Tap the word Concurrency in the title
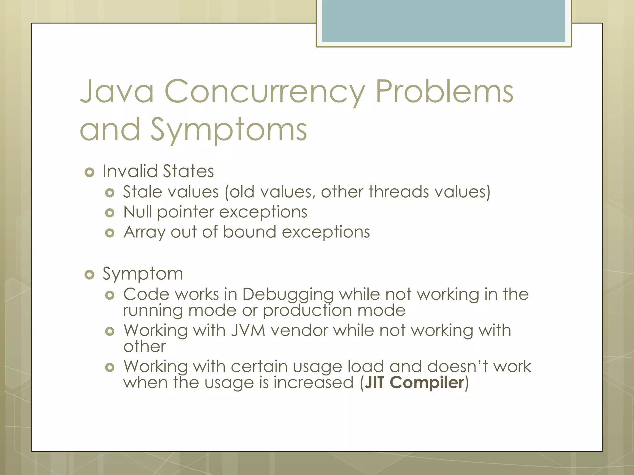265,92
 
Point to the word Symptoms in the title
229,130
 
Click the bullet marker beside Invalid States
89,172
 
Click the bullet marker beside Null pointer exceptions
110,213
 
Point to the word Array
144,233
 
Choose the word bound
250,232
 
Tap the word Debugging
288,294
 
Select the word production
307,310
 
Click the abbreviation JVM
248,330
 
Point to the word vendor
299,330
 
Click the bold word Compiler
427,383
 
